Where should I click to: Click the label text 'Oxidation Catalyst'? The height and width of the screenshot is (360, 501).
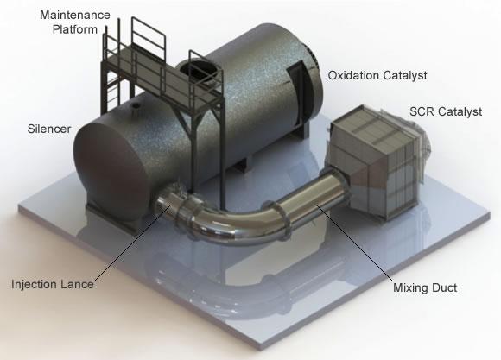pos(377,75)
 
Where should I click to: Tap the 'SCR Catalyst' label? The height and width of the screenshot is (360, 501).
pos(446,111)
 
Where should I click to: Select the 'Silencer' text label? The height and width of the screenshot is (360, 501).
pos(49,129)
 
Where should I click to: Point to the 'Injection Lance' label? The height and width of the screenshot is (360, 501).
pos(53,284)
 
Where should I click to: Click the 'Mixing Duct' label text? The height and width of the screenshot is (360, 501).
pos(425,287)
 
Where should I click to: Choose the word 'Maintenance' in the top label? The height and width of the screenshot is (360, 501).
pos(75,15)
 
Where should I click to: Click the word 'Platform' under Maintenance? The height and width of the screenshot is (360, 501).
pos(75,29)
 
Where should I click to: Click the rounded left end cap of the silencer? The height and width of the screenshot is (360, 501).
pos(109,166)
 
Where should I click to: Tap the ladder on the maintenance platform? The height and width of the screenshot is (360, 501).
pos(111,80)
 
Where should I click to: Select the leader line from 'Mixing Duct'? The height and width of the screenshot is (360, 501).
pos(354,243)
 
